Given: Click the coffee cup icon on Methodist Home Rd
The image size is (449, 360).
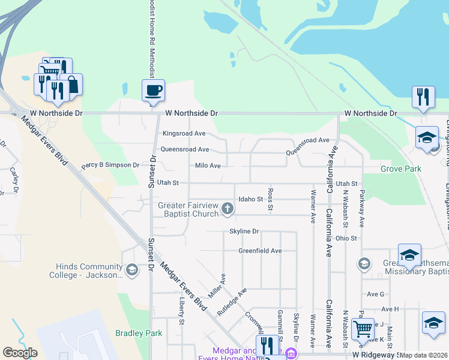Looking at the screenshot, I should tap(153, 91).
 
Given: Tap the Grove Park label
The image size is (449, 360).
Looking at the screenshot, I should tap(400, 169).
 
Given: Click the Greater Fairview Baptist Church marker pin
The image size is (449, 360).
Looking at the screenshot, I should tap(227, 208).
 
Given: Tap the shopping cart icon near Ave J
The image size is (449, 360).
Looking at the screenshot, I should tap(363, 329).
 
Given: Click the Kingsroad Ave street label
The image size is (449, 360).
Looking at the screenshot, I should tap(184, 133).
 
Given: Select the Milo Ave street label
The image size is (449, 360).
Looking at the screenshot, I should tap(208, 166).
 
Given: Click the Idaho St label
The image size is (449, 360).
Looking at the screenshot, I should tap(251, 199).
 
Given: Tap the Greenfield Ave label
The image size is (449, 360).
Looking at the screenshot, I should tap(260, 251).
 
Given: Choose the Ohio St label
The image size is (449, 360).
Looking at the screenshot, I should tap(346, 238).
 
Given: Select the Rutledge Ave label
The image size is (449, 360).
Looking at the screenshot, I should tap(232, 303).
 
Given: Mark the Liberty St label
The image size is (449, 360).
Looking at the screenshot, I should tap(181, 311).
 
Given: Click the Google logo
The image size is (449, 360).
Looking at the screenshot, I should tap(20, 353).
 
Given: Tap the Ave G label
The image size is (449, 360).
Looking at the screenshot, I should tap(375, 294).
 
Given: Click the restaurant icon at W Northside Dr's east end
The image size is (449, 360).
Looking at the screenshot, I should tap(423, 97).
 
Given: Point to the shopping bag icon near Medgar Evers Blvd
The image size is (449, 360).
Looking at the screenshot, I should tap(71, 85).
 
